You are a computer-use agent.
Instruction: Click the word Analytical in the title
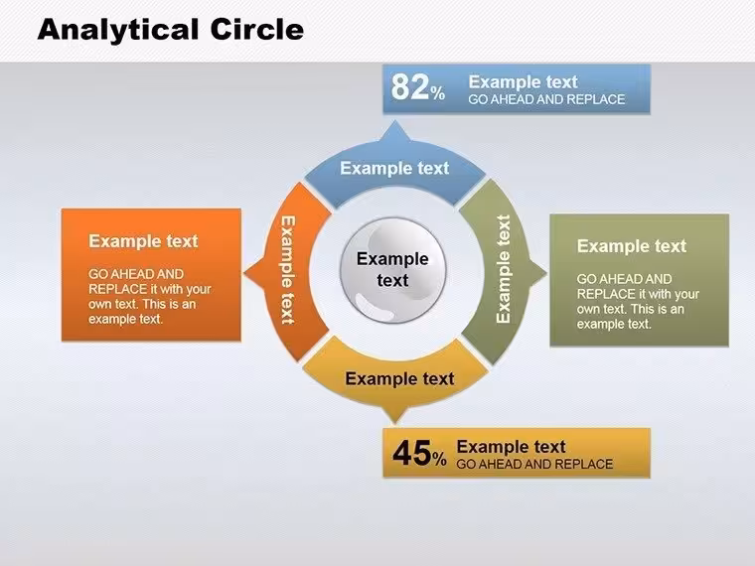(x=118, y=30)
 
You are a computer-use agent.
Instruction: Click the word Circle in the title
(x=257, y=29)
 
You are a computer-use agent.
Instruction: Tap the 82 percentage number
(x=409, y=87)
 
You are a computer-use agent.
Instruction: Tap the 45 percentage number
(x=411, y=453)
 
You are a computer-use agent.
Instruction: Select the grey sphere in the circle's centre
(x=393, y=269)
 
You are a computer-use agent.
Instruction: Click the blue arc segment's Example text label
(x=394, y=168)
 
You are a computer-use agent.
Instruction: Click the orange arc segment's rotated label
(x=287, y=269)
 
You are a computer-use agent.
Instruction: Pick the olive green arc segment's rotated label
(x=504, y=268)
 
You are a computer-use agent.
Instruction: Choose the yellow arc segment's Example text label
(x=399, y=378)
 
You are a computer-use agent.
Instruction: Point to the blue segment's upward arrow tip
(x=395, y=122)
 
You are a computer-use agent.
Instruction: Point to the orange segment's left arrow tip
(x=244, y=273)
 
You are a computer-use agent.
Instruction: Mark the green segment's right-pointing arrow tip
(x=546, y=273)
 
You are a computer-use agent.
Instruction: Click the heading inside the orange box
(x=143, y=240)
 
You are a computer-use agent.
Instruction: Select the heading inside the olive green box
(x=631, y=246)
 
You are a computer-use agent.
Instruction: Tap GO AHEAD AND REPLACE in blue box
(x=546, y=99)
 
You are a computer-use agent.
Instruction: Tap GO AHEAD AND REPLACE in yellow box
(x=534, y=464)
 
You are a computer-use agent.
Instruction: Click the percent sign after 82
(x=438, y=92)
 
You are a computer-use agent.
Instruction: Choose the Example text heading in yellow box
(x=511, y=447)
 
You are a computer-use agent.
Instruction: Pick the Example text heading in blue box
(x=523, y=81)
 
